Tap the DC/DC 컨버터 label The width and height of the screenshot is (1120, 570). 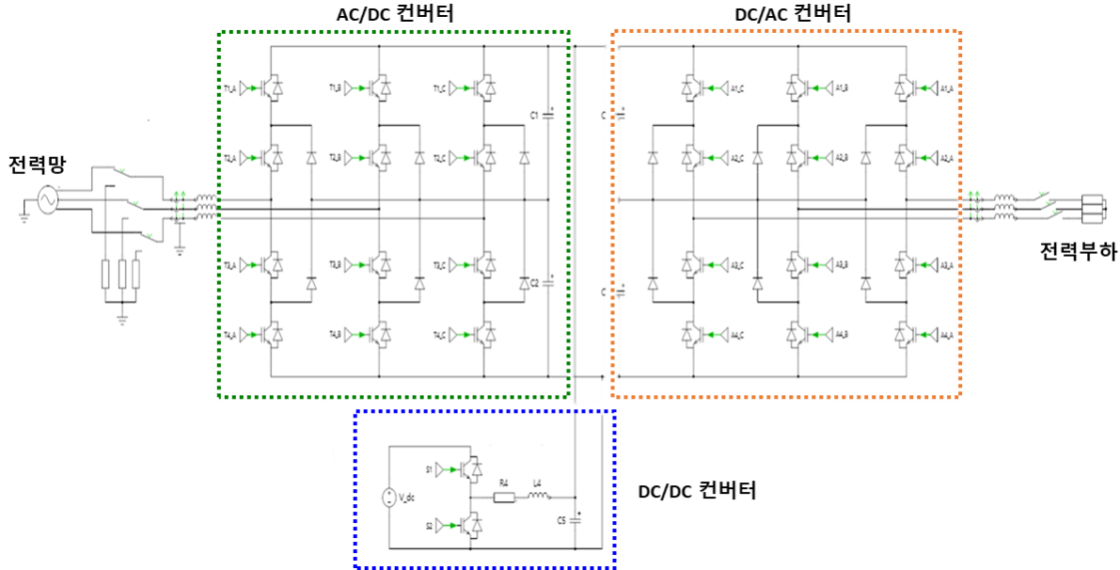click(697, 491)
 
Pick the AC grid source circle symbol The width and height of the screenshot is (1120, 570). click(45, 199)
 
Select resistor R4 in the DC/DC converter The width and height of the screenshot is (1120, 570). click(504, 496)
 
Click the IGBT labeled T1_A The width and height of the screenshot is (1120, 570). click(275, 88)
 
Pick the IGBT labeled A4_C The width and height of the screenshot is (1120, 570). click(692, 334)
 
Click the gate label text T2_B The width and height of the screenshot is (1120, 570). click(334, 156)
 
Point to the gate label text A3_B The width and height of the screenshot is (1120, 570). click(843, 266)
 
